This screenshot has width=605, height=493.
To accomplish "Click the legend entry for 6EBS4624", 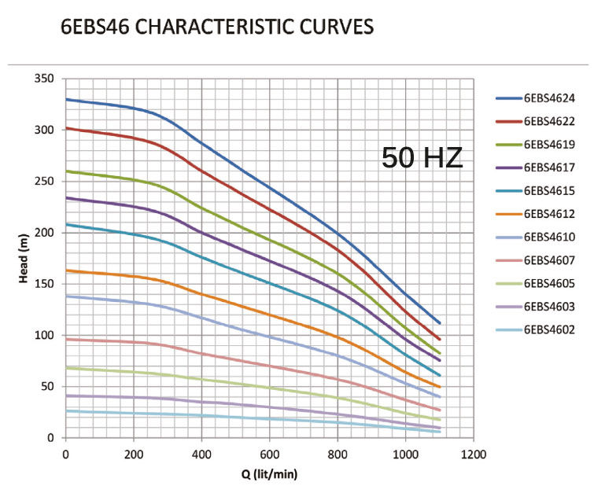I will click(549, 98).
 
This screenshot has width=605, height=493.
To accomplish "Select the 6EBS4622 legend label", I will click(549, 121).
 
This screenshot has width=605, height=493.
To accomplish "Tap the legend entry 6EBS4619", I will click(549, 144).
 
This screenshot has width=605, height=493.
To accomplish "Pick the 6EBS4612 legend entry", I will click(549, 214).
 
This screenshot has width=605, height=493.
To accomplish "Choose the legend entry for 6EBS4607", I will click(549, 259).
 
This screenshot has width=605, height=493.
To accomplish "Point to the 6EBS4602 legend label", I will click(549, 329).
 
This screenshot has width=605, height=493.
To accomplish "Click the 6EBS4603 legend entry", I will click(549, 306).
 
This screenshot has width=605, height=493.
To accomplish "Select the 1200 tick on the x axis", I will click(474, 454).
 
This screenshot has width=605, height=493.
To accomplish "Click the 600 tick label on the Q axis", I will click(270, 454).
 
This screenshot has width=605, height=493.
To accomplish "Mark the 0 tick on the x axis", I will click(66, 454).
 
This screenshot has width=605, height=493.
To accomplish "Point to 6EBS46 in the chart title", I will click(90, 28).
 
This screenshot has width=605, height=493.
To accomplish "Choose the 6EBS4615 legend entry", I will click(549, 190).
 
